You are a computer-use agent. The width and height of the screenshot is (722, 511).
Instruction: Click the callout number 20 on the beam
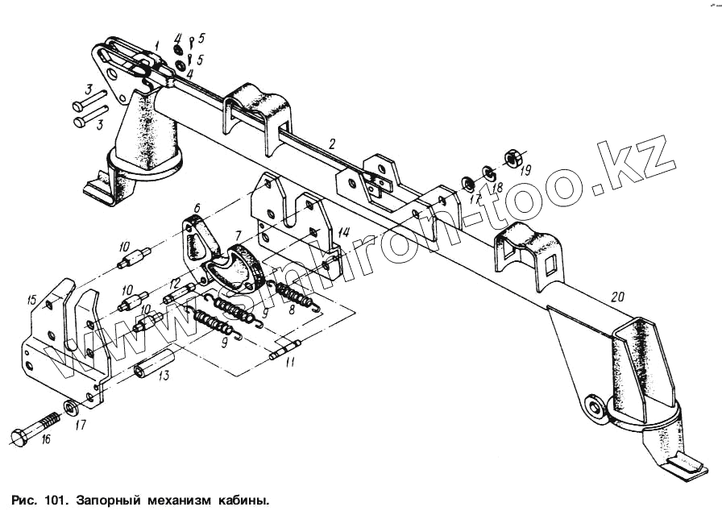(617, 297)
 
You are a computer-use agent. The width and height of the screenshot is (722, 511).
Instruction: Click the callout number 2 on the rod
(330, 145)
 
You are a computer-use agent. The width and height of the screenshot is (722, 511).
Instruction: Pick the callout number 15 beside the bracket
(32, 300)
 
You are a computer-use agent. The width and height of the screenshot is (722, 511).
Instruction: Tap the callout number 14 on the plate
(343, 232)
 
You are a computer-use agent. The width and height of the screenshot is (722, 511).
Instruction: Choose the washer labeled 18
(489, 172)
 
